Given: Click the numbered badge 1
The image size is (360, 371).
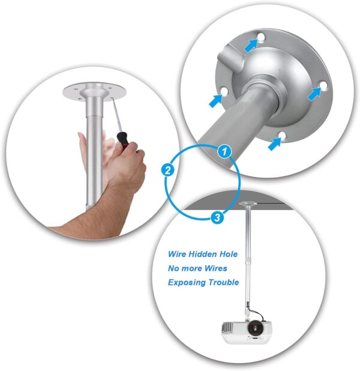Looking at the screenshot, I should click(223, 151).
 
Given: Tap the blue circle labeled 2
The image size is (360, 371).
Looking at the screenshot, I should click(169, 170).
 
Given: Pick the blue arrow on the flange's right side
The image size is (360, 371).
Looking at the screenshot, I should click(314, 93).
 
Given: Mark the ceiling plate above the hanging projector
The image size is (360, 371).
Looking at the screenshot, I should click(248, 204).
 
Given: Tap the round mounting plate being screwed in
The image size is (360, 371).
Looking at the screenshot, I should click(94, 90).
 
